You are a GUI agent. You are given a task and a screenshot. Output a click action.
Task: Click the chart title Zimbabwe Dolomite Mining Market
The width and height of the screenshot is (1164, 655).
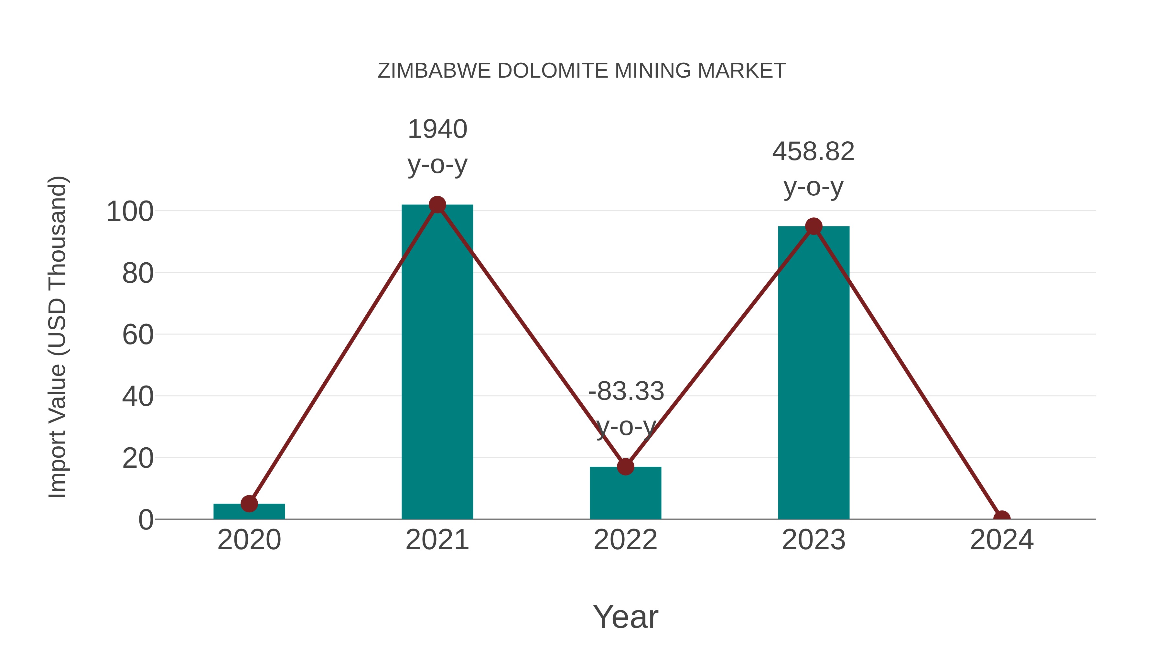582,71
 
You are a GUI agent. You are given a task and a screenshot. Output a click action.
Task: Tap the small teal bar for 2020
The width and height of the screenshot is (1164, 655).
249,511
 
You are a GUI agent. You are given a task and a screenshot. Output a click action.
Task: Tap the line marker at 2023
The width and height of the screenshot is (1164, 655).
814,226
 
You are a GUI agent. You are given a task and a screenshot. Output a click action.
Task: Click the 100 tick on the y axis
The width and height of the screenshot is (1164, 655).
130,212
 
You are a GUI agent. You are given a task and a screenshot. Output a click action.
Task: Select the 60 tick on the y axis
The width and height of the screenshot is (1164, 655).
137,335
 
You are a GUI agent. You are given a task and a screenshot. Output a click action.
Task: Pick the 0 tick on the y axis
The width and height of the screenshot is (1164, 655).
145,520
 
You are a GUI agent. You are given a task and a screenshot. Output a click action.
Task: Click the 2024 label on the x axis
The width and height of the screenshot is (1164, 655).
1001,540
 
